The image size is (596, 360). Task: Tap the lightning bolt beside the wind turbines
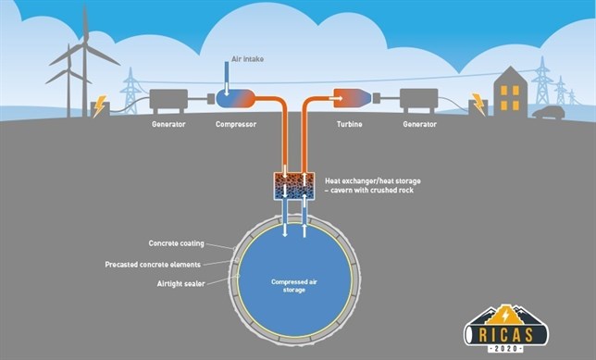pos(99,106)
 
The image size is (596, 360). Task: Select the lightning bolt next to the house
pos(478,104)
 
